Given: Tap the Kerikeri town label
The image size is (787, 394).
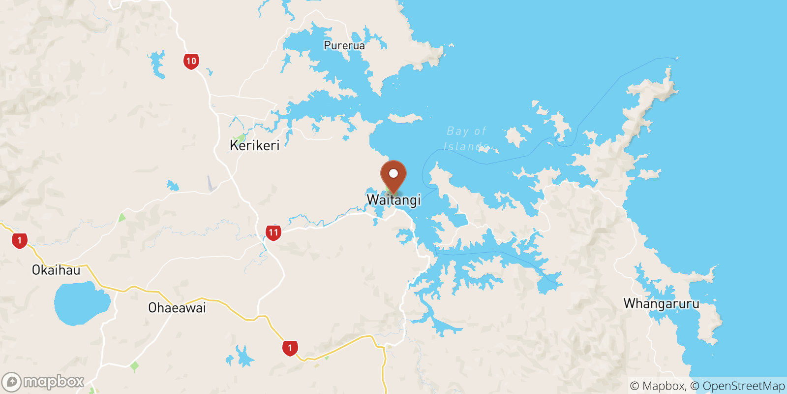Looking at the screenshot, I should (x=254, y=145).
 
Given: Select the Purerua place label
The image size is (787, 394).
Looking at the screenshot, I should (x=344, y=45).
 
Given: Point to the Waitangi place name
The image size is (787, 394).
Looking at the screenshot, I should (x=393, y=200).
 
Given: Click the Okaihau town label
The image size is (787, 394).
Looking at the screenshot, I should (x=56, y=270).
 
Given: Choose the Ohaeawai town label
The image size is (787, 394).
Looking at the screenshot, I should (x=177, y=308).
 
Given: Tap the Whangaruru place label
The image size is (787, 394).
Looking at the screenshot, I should (x=661, y=303).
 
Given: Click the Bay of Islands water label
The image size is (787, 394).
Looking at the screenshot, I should (x=466, y=138).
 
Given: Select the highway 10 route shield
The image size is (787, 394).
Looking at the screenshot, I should (x=191, y=62).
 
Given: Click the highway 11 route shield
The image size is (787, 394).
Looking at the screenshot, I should (x=273, y=232).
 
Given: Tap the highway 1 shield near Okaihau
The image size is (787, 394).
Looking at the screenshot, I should (x=20, y=240).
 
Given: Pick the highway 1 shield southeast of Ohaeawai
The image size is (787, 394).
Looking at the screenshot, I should (x=290, y=348).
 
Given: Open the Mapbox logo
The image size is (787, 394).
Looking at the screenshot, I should (x=43, y=382).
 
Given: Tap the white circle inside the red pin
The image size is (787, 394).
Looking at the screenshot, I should (x=393, y=173).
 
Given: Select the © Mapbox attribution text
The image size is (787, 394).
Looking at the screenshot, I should (x=658, y=386).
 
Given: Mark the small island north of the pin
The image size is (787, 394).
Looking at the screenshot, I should (x=405, y=118).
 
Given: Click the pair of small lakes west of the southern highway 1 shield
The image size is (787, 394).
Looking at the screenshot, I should (x=241, y=357).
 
